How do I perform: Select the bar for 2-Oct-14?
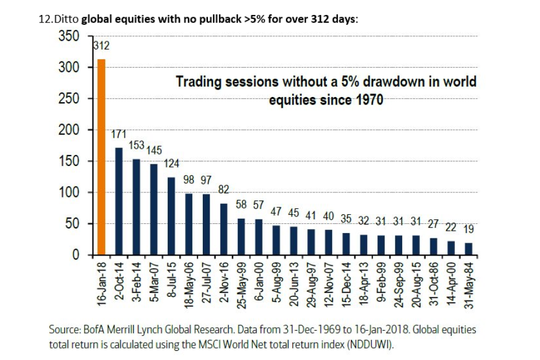coord(119,201)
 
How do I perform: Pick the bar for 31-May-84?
coord(468,249)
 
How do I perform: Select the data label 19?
coord(468,229)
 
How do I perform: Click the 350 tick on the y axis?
coord(71,36)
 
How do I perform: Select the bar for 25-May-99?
coord(241,237)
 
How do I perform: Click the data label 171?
coord(119,136)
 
